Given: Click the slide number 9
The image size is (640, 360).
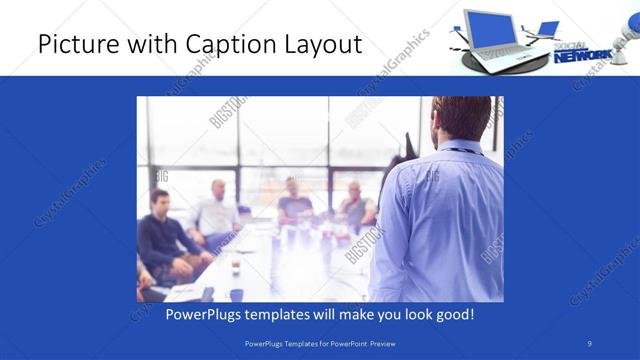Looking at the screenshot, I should coord(589,342).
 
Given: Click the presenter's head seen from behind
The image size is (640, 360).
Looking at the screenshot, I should coord(461,120).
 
